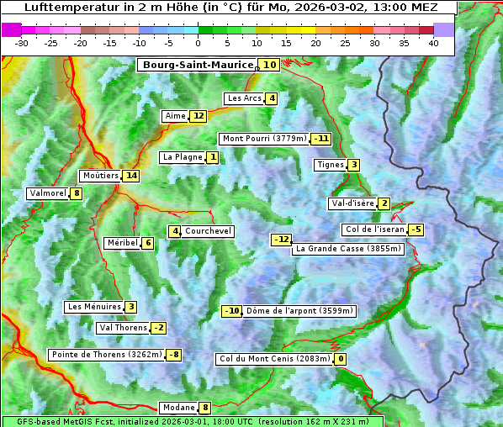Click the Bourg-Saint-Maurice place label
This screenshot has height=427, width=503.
click(x=198, y=65)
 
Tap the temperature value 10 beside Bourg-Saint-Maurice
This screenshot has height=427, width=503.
click(x=269, y=65)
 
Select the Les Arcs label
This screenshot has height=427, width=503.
click(x=245, y=98)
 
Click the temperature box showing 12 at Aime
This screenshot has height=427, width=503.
click(x=198, y=116)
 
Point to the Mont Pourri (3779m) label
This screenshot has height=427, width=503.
click(x=263, y=139)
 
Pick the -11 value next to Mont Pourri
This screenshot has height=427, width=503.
click(x=320, y=139)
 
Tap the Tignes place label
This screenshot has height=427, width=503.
click(x=330, y=165)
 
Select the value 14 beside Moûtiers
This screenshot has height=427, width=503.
click(x=130, y=176)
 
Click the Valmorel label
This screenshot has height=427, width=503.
click(x=47, y=193)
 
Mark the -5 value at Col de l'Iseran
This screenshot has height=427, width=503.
click(x=416, y=229)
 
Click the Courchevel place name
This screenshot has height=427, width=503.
click(x=208, y=231)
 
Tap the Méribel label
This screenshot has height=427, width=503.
click(x=121, y=243)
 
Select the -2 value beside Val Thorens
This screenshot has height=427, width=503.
click(x=158, y=328)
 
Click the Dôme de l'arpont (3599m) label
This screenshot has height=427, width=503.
click(x=300, y=311)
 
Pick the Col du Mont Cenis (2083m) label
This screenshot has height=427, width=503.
click(x=273, y=360)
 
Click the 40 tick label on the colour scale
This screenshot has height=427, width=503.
click(x=433, y=43)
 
